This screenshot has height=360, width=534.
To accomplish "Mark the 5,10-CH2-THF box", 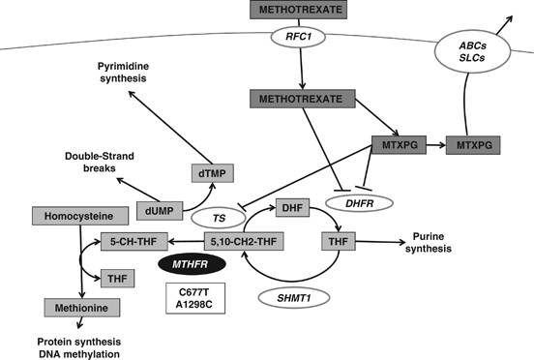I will (241, 239).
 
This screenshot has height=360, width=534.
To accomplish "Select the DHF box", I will (291, 205).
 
